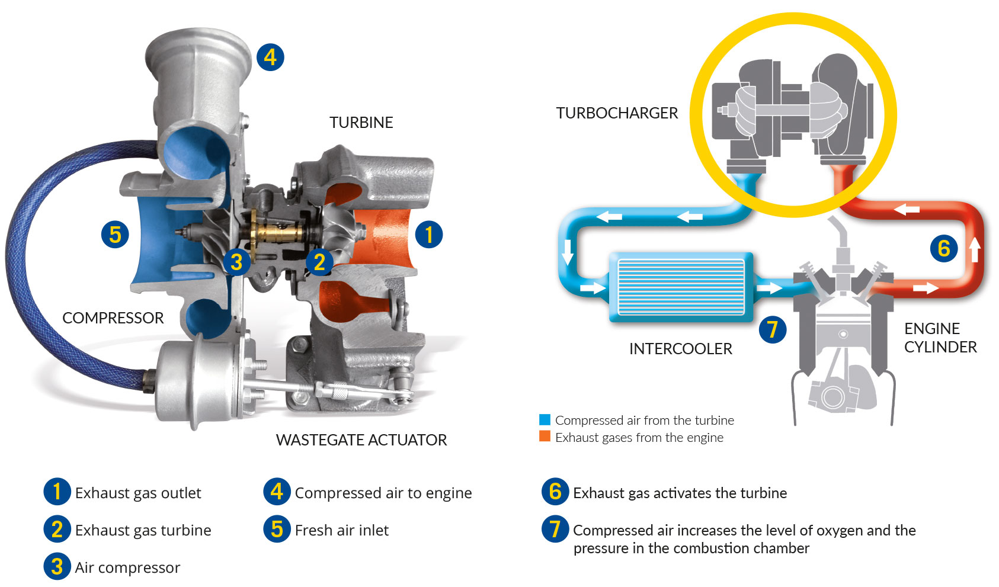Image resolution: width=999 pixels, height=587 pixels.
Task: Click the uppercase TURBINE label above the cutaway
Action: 361,123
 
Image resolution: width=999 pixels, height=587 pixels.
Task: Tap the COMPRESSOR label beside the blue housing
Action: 113,318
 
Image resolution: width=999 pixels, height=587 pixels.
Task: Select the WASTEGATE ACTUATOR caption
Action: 361,440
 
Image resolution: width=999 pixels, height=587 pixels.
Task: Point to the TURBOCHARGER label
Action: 617,113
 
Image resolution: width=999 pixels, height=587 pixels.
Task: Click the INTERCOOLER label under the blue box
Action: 681,348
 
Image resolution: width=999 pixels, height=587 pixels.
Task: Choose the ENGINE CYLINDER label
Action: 940,338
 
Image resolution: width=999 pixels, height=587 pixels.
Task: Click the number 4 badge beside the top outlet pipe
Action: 270,57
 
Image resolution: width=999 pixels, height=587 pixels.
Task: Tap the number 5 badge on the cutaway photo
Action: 115,235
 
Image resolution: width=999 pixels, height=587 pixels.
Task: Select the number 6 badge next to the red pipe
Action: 944,248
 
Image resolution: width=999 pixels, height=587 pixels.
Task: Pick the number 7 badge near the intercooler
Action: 773,330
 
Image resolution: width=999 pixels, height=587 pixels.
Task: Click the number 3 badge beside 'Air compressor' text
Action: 57,566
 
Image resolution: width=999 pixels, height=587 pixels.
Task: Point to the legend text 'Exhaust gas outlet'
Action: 138,493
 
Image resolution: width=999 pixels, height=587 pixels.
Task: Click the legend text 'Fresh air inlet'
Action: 342,530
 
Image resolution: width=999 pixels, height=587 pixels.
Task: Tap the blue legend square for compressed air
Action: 545,420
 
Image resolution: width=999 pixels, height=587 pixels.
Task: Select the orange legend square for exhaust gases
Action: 545,437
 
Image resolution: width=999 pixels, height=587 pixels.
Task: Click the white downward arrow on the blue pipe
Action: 567,252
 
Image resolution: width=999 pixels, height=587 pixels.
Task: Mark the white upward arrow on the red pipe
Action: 975,249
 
